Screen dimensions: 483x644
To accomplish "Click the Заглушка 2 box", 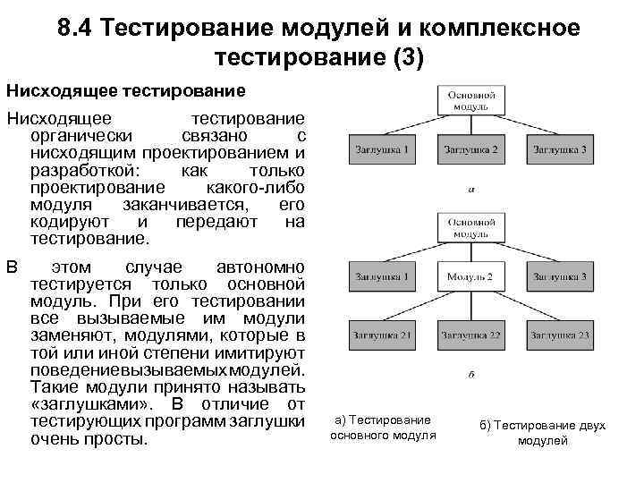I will point(470,149).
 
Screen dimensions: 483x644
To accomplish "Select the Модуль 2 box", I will point(470,277).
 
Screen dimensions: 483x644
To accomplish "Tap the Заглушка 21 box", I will point(382,335).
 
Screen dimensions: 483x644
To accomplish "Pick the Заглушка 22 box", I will point(470,335).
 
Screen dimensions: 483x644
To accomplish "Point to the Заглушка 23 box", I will point(559,335).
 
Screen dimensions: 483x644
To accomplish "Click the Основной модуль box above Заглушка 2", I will point(470,99).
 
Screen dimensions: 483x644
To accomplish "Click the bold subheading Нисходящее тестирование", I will point(126,90).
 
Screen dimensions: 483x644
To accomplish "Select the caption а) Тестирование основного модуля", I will point(383,427).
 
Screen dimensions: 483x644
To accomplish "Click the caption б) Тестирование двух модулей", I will point(542,433).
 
